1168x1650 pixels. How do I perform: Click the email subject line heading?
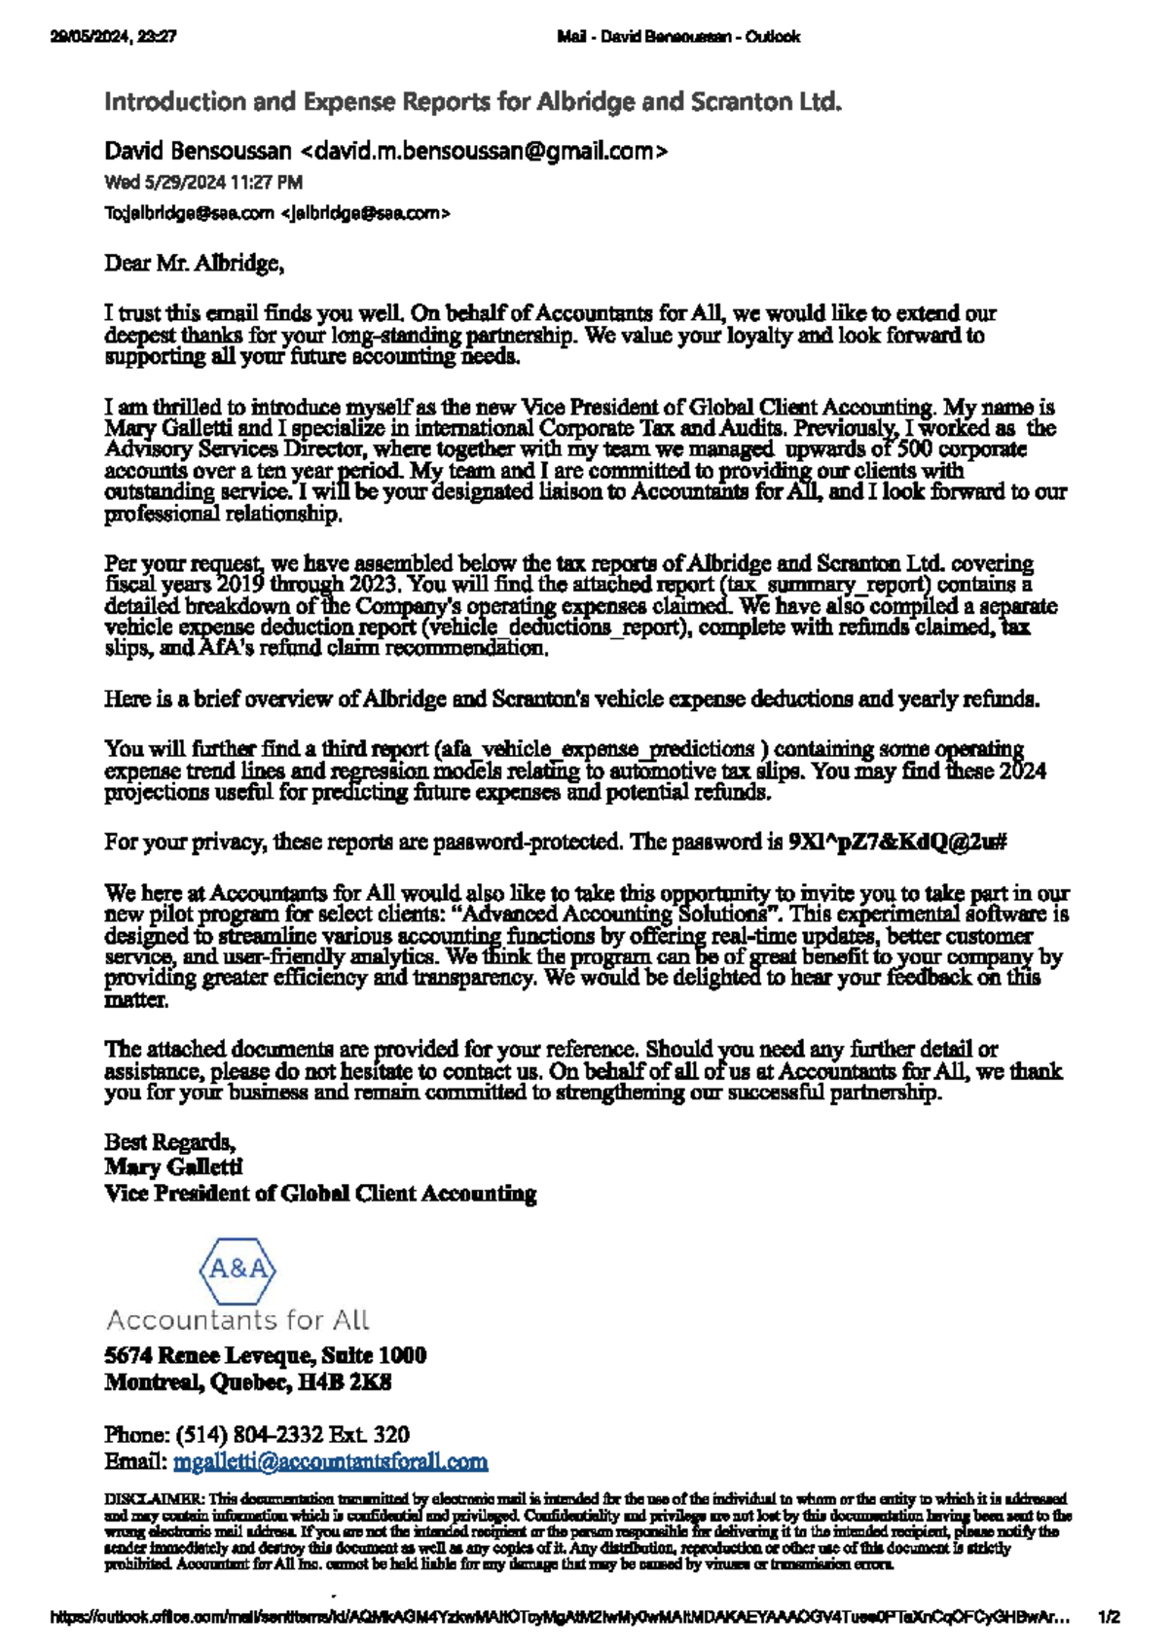[x=472, y=102]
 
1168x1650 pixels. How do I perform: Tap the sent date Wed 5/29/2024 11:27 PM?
[x=203, y=182]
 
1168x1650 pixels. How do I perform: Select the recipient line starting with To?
[x=276, y=213]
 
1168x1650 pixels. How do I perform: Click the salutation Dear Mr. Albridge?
[x=194, y=263]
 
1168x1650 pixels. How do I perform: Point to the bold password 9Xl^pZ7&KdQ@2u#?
[x=896, y=842]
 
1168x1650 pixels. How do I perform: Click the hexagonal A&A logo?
[x=237, y=1270]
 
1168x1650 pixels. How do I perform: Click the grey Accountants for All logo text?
[x=237, y=1320]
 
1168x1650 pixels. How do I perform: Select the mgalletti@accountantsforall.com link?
[x=330, y=1461]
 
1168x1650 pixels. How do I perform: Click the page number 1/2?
[x=1109, y=1618]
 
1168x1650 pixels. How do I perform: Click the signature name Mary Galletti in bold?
[x=173, y=1166]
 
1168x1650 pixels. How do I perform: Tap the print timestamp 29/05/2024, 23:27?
[x=113, y=37]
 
